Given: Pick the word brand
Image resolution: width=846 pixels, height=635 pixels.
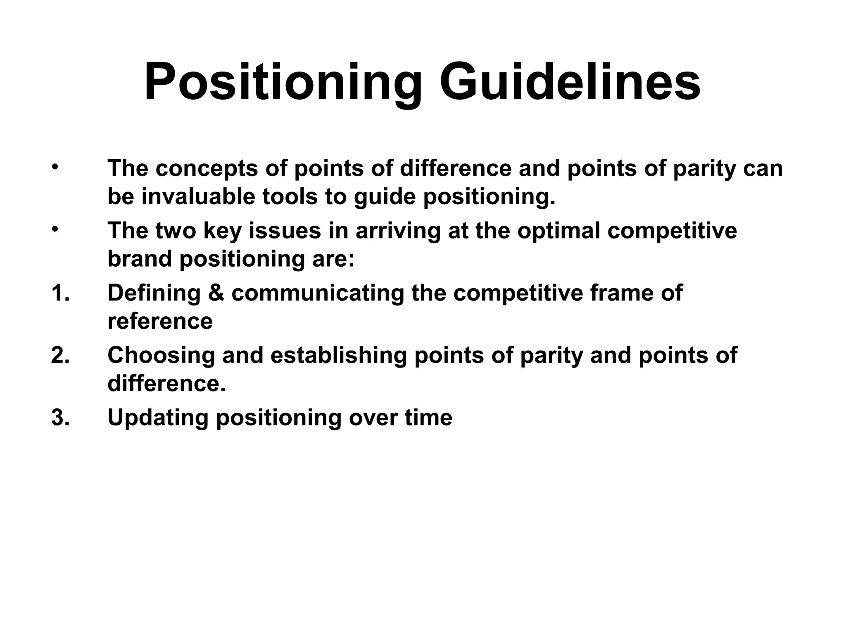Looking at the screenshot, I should click(140, 259).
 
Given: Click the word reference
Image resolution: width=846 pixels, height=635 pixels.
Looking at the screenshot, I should click(160, 322).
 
